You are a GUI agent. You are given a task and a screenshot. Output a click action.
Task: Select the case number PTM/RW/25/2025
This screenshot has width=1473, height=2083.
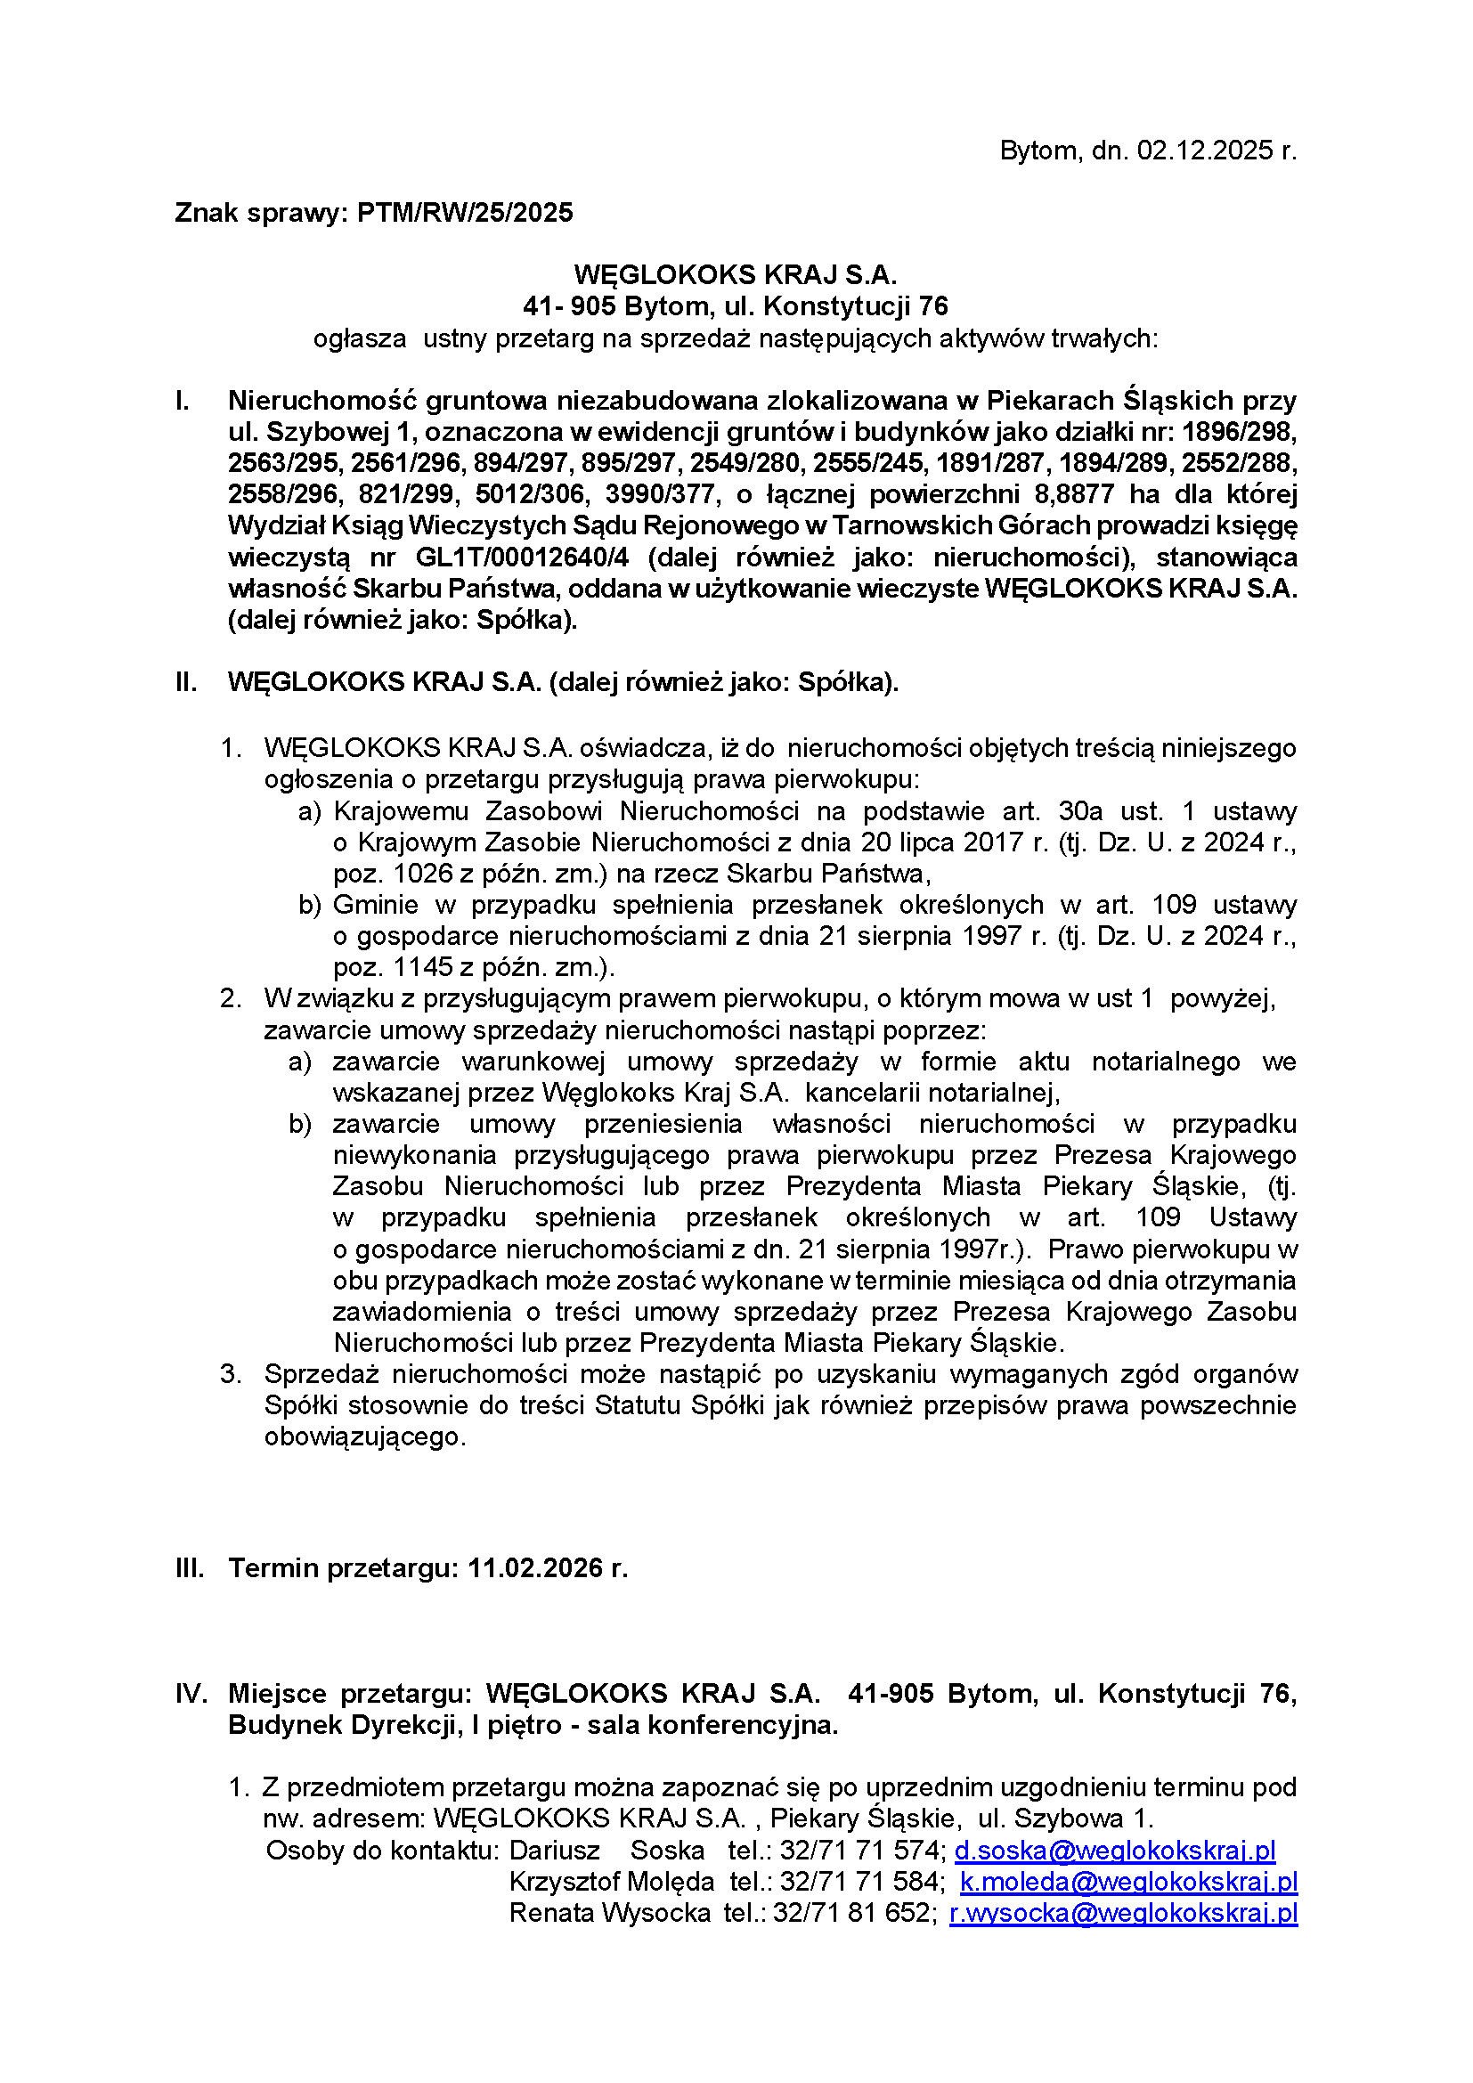click(x=465, y=212)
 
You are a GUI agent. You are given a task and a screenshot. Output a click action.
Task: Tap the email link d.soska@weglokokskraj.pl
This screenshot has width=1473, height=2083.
click(x=1115, y=1850)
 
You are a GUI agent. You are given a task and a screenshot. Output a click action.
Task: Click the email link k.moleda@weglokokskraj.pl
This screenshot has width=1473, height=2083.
click(x=1128, y=1882)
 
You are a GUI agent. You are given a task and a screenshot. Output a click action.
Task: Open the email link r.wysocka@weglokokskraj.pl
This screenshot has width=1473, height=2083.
click(x=1123, y=1912)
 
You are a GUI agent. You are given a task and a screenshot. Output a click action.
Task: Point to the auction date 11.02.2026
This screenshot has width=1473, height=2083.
click(x=536, y=1567)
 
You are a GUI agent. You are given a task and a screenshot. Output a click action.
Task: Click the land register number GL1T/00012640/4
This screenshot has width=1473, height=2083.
click(x=522, y=557)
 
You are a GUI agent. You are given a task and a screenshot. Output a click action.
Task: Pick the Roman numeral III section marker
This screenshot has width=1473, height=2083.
click(x=190, y=1567)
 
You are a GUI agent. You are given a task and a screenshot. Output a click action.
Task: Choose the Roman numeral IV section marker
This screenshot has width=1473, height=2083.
click(x=191, y=1693)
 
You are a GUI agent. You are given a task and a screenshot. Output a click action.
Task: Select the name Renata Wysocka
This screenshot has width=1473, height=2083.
click(x=609, y=1912)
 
